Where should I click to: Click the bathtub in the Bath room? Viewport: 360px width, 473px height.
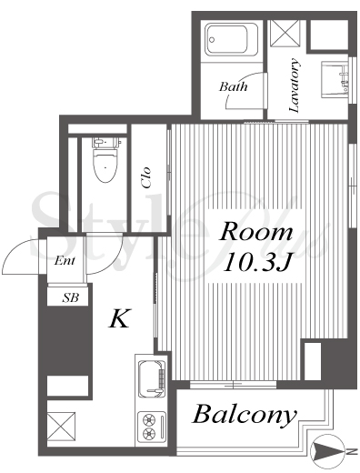(232, 39)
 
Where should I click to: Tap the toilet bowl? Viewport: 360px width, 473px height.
(105, 166)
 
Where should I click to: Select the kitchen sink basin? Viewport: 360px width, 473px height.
(152, 379)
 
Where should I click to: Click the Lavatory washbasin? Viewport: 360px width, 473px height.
(335, 79)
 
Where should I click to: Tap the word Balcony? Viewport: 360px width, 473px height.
(245, 415)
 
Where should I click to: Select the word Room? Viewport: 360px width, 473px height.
(256, 232)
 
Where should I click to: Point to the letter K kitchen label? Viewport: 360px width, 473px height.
(119, 318)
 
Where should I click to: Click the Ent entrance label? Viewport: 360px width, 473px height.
(65, 260)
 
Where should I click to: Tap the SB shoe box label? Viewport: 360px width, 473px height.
(70, 298)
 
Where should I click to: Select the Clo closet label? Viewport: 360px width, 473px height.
(146, 177)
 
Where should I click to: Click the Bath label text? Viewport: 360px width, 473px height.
(234, 87)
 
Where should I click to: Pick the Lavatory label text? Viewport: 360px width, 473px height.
(295, 86)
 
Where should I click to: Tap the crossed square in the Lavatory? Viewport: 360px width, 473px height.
(285, 34)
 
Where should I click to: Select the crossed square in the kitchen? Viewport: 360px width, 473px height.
(61, 427)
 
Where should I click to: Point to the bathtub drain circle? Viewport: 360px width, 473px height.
(212, 39)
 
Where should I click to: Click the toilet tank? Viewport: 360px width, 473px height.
(105, 142)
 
